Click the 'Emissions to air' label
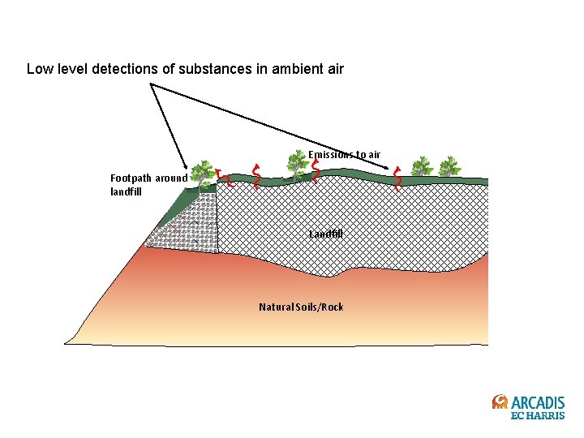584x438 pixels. click(x=344, y=154)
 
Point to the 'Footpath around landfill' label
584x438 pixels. click(x=148, y=185)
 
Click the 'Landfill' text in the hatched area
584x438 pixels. click(x=326, y=234)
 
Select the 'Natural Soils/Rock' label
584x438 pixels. click(x=301, y=307)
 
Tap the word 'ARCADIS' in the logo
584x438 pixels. click(x=538, y=402)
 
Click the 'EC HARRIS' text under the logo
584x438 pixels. click(x=537, y=416)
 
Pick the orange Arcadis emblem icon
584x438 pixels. click(x=500, y=402)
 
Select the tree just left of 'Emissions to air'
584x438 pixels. click(x=296, y=163)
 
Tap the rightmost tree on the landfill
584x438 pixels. click(x=448, y=167)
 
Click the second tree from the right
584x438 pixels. click(x=421, y=167)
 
